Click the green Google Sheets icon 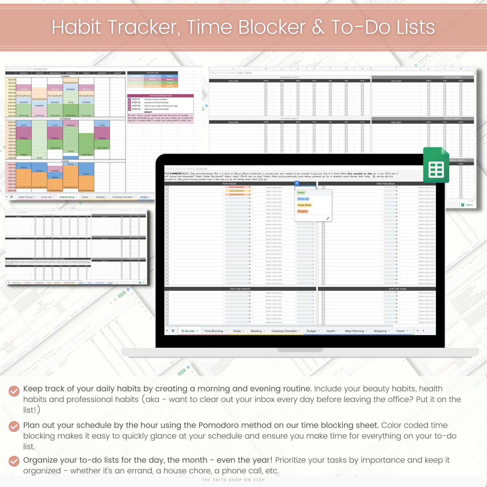click(x=436, y=166)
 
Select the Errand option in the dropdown click(x=301, y=193)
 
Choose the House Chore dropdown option click(x=304, y=205)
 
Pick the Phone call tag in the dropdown click(x=303, y=199)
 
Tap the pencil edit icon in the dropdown click(x=328, y=218)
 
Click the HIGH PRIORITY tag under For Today click(x=237, y=187)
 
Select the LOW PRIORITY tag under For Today click(x=237, y=191)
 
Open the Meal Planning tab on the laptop click(x=355, y=331)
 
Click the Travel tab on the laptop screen click(x=400, y=331)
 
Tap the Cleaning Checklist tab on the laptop click(x=284, y=331)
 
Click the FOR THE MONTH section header click(x=240, y=289)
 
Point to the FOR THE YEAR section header click(x=397, y=289)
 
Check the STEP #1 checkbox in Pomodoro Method click(x=129, y=99)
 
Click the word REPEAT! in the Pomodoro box click(x=148, y=112)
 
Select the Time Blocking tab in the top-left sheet click(x=67, y=197)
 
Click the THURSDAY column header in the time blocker click(x=71, y=73)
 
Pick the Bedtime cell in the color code click(x=170, y=86)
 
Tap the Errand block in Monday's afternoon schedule click(x=24, y=155)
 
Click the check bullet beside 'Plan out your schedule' click(x=14, y=426)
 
